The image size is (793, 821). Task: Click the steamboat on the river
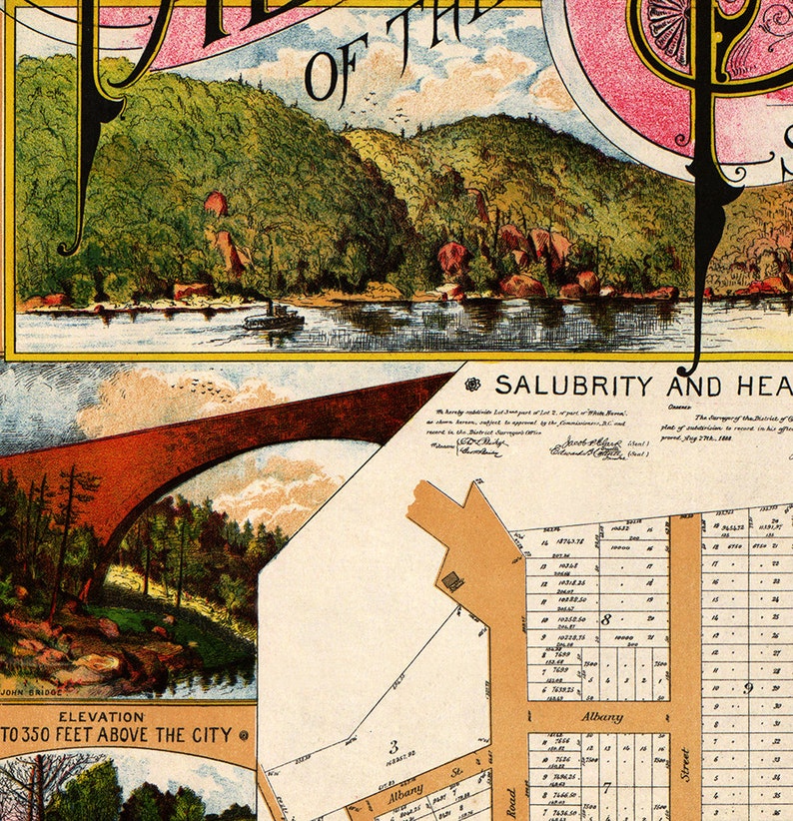point(273,318)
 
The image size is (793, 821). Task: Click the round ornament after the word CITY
point(243,736)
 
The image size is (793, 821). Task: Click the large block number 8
point(606,619)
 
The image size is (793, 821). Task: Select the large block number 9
point(748,687)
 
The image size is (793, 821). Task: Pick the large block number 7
point(606,787)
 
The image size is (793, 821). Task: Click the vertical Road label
point(510,799)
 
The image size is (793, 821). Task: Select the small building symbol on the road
point(452,579)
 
